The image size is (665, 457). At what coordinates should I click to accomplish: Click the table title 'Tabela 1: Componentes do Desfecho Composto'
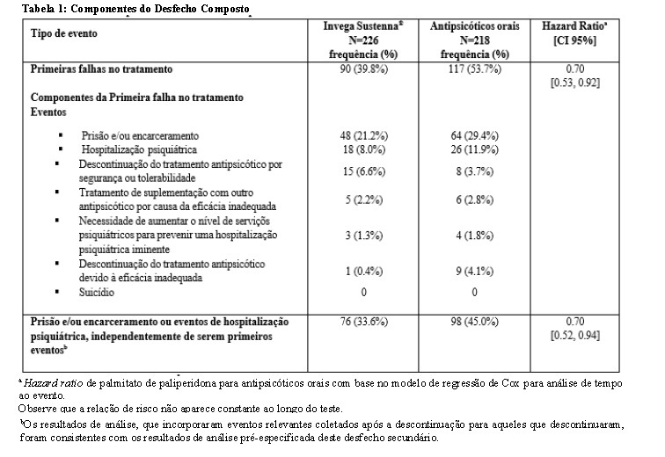pyautogui.click(x=126, y=8)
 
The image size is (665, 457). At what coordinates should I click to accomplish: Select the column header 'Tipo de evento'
pyautogui.click(x=64, y=33)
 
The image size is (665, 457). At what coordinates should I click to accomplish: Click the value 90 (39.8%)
pyautogui.click(x=362, y=69)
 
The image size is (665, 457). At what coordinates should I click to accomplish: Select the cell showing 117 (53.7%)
pyautogui.click(x=476, y=69)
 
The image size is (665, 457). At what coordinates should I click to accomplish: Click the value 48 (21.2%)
pyautogui.click(x=362, y=136)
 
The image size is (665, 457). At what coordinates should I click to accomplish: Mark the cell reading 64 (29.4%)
pyautogui.click(x=476, y=136)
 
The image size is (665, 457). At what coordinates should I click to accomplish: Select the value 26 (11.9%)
pyautogui.click(x=476, y=150)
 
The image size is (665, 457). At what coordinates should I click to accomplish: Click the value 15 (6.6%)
pyautogui.click(x=362, y=172)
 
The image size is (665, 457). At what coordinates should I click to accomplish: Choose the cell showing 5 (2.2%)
pyautogui.click(x=362, y=200)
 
